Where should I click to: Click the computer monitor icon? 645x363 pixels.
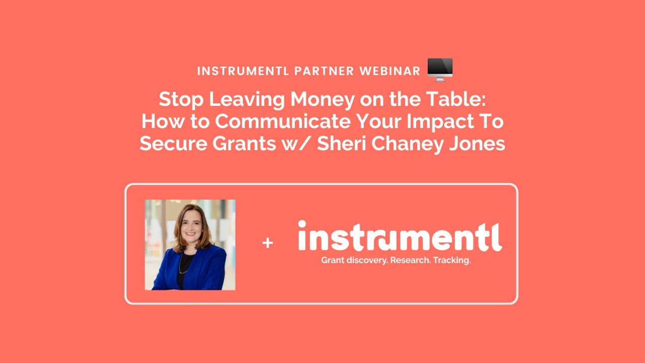440,69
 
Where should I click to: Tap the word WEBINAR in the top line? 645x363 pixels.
390,71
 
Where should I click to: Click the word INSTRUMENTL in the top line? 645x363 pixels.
243,71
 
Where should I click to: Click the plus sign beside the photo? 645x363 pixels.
268,244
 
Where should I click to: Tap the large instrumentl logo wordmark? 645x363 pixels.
400,236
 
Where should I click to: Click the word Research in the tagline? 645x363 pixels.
409,261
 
